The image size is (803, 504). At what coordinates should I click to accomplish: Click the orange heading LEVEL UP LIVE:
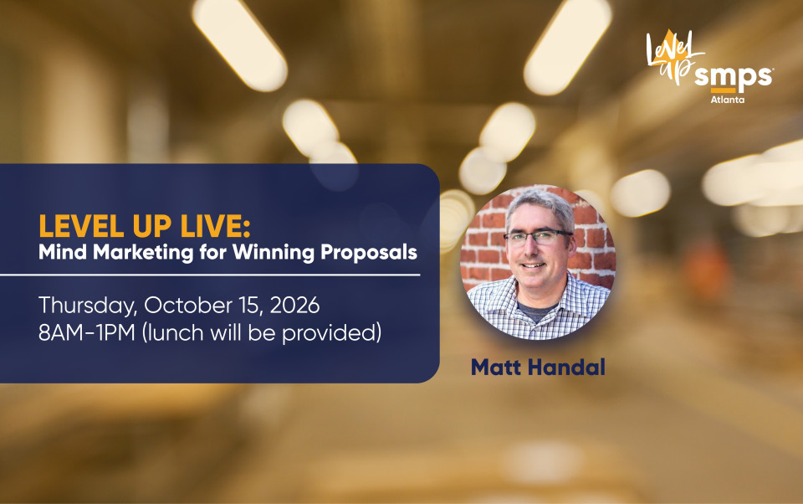(145, 225)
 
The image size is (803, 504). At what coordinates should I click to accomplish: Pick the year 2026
(294, 306)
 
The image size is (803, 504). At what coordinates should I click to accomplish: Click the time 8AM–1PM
(86, 332)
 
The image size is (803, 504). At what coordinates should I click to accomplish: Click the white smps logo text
(734, 77)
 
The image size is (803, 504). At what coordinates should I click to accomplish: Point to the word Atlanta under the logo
(727, 100)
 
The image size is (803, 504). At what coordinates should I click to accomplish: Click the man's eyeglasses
(538, 236)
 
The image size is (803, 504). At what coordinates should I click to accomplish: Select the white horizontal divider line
(210, 275)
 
